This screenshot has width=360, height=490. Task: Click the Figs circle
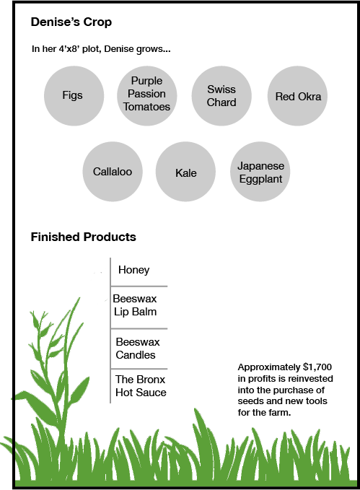[x=74, y=96]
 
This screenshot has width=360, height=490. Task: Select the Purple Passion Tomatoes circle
[x=147, y=96]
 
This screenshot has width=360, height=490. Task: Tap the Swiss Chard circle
[x=221, y=96]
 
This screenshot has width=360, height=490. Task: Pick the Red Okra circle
[x=297, y=96]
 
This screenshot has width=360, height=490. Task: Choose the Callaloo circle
[x=113, y=172]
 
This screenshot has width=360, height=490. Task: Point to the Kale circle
[x=185, y=172]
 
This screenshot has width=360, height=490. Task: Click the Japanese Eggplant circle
[x=260, y=172]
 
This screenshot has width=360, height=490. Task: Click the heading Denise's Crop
[x=71, y=22]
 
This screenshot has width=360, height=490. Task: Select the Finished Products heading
[x=83, y=237]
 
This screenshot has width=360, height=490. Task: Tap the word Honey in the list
[x=133, y=270]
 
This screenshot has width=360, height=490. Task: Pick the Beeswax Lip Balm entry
[x=135, y=305]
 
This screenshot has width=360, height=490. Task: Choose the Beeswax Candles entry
[x=138, y=348]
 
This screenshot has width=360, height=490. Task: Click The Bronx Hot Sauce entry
[x=141, y=385]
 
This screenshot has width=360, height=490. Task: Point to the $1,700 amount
[x=317, y=367]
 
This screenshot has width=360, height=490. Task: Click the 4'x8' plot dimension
[x=69, y=49]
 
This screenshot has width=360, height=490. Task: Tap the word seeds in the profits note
[x=248, y=401]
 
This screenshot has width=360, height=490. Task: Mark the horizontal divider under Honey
[x=139, y=286]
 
